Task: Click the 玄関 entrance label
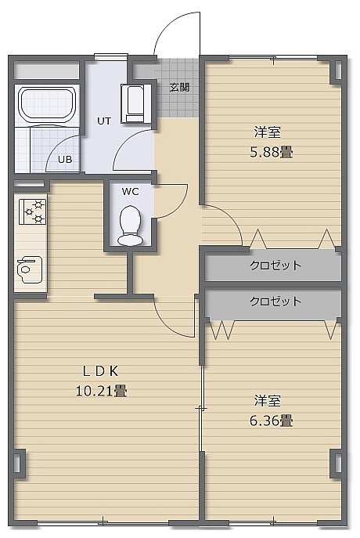[x=179, y=88]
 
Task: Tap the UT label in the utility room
[x=104, y=121]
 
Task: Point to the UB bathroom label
[x=65, y=160]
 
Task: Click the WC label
[x=130, y=192]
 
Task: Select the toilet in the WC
[x=130, y=226]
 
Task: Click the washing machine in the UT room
[x=135, y=103]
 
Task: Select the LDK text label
[x=101, y=371]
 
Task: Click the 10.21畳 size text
[x=101, y=391]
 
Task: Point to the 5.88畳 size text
[x=272, y=152]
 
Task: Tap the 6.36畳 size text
[x=271, y=421]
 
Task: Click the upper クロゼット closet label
[x=275, y=265]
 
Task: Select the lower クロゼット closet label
[x=275, y=301]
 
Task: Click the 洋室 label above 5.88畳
[x=268, y=132]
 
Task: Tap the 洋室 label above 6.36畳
[x=268, y=401]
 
